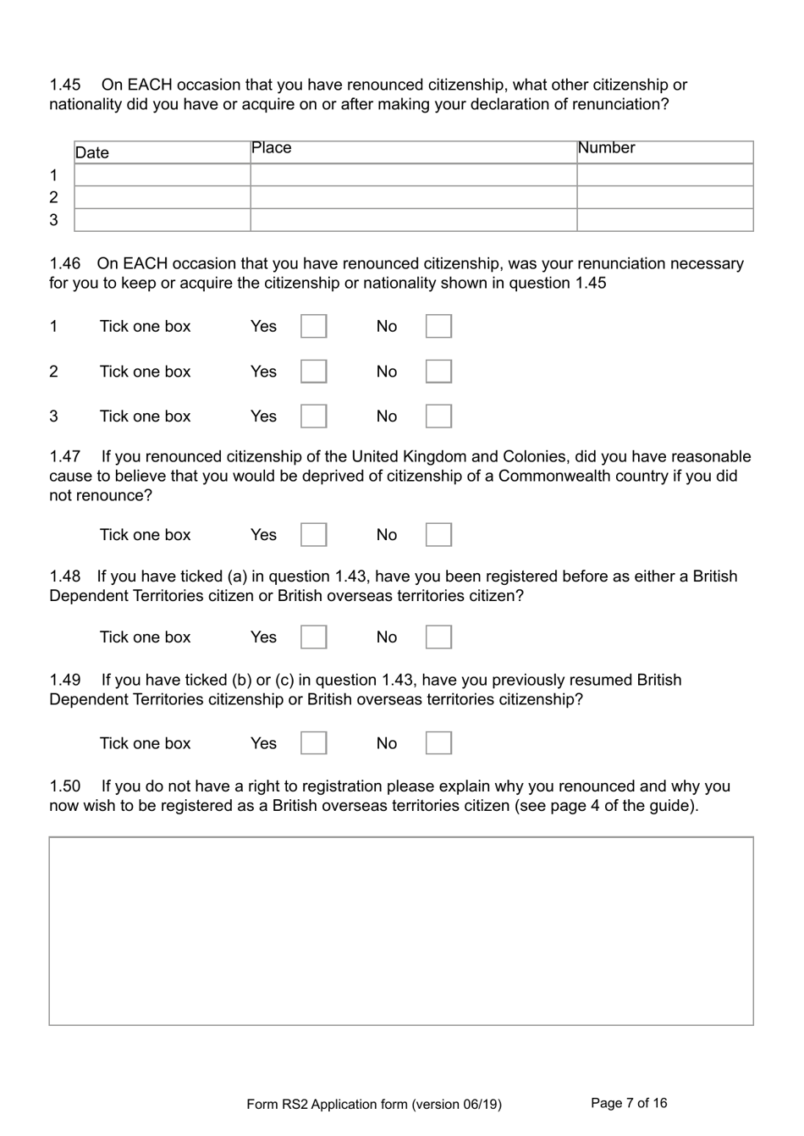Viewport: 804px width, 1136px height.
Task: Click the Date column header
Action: [x=92, y=153]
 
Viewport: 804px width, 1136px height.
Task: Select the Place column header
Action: [x=271, y=148]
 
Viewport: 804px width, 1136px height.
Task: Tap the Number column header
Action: [x=606, y=148]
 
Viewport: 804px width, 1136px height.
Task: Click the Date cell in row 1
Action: [x=162, y=175]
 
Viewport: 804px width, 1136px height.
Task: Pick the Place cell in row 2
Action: [x=413, y=197]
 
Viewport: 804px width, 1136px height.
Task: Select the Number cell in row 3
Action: [x=664, y=220]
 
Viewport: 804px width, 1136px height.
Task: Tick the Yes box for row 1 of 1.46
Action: [x=313, y=327]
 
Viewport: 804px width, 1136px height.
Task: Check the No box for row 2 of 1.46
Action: [x=438, y=372]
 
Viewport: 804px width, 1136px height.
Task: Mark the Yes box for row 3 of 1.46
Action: [x=313, y=416]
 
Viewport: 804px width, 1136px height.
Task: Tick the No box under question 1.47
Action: [x=438, y=535]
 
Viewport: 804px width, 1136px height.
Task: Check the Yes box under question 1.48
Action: [x=313, y=637]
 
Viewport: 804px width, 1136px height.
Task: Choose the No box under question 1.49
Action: [x=438, y=743]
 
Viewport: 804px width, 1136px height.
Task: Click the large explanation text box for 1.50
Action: [x=400, y=931]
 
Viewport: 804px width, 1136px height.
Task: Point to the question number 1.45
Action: [x=65, y=85]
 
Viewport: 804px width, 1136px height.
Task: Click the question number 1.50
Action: [x=65, y=786]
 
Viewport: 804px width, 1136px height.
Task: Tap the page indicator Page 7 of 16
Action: [x=629, y=1103]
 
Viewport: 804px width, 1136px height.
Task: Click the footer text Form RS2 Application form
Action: [x=373, y=1105]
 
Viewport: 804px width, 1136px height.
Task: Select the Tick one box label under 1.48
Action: [x=145, y=637]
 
